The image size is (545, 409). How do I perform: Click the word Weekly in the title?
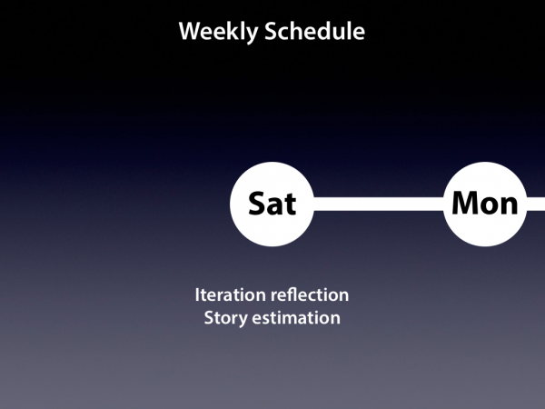pyautogui.click(x=218, y=32)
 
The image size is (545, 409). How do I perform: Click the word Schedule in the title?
pyautogui.click(x=314, y=31)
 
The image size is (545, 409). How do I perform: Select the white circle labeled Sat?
pyautogui.click(x=272, y=204)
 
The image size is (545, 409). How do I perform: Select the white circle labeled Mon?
pyautogui.click(x=485, y=204)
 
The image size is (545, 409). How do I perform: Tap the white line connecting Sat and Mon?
pyautogui.click(x=379, y=204)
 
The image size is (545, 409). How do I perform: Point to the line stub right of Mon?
pyautogui.click(x=536, y=204)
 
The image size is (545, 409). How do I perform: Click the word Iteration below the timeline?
pyautogui.click(x=231, y=294)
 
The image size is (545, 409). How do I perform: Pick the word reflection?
pyautogui.click(x=310, y=294)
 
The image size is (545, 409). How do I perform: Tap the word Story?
pyautogui.click(x=225, y=318)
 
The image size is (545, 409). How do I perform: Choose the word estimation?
pyautogui.click(x=296, y=318)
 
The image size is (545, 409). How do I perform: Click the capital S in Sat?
pyautogui.click(x=258, y=204)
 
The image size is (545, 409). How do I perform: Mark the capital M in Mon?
pyautogui.click(x=466, y=203)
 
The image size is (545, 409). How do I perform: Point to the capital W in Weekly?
pyautogui.click(x=191, y=31)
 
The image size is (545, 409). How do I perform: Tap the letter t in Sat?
pyautogui.click(x=291, y=204)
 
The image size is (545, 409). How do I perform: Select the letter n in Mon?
pyautogui.click(x=510, y=205)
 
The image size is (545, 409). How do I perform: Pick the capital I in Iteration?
pyautogui.click(x=197, y=294)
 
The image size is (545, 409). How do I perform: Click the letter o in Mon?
pyautogui.click(x=490, y=205)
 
